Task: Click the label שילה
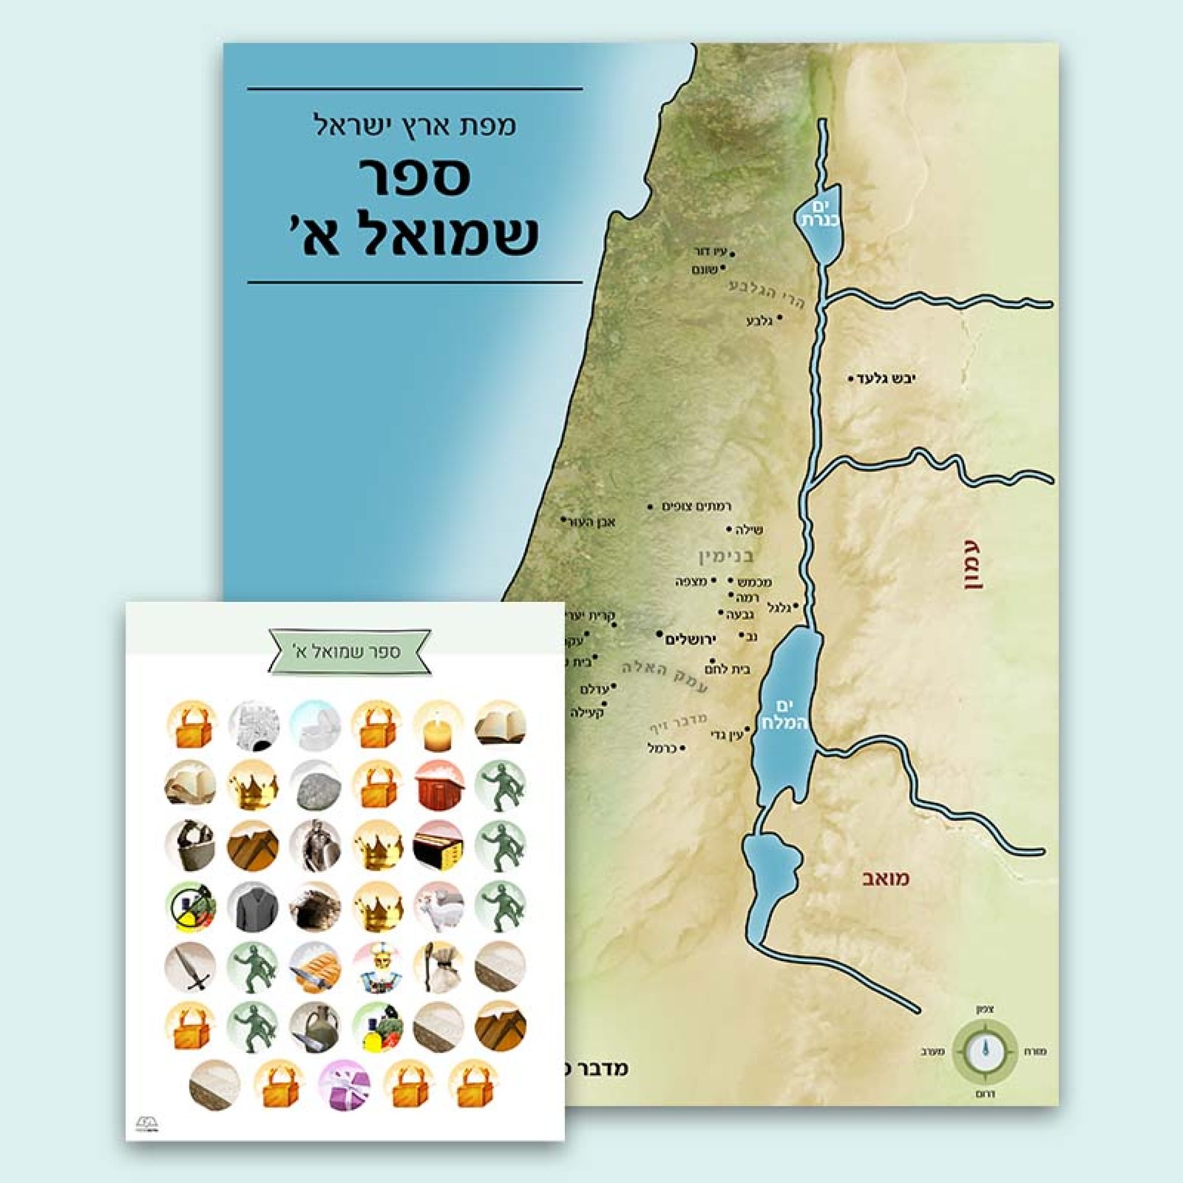click(x=751, y=530)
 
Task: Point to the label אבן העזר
click(x=593, y=522)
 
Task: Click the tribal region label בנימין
click(x=726, y=557)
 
